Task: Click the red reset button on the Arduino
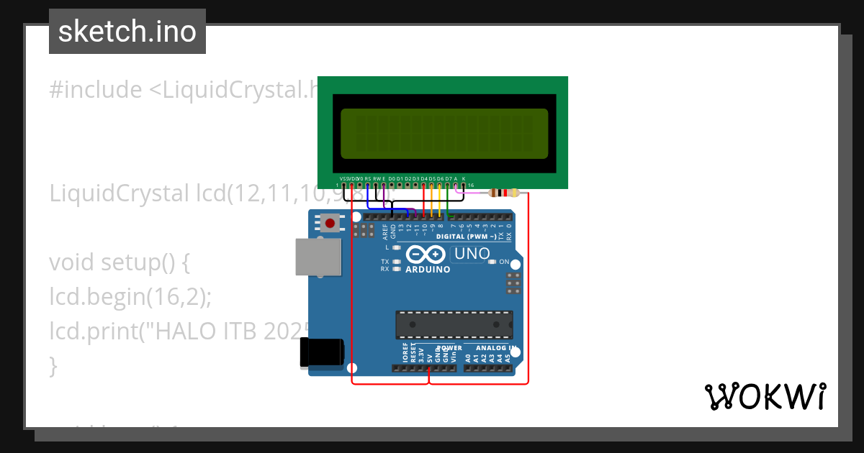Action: point(330,223)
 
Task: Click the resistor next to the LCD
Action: point(503,193)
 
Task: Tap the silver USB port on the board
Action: point(318,257)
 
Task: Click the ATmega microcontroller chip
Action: point(454,324)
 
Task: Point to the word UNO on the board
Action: point(472,254)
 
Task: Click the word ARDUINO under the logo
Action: point(428,270)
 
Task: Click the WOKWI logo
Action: point(765,396)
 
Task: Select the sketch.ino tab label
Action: point(127,32)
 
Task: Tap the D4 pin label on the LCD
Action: point(423,178)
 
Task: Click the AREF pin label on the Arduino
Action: point(385,232)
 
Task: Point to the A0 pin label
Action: point(468,356)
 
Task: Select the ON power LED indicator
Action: point(492,262)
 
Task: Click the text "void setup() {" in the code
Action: point(120,262)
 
